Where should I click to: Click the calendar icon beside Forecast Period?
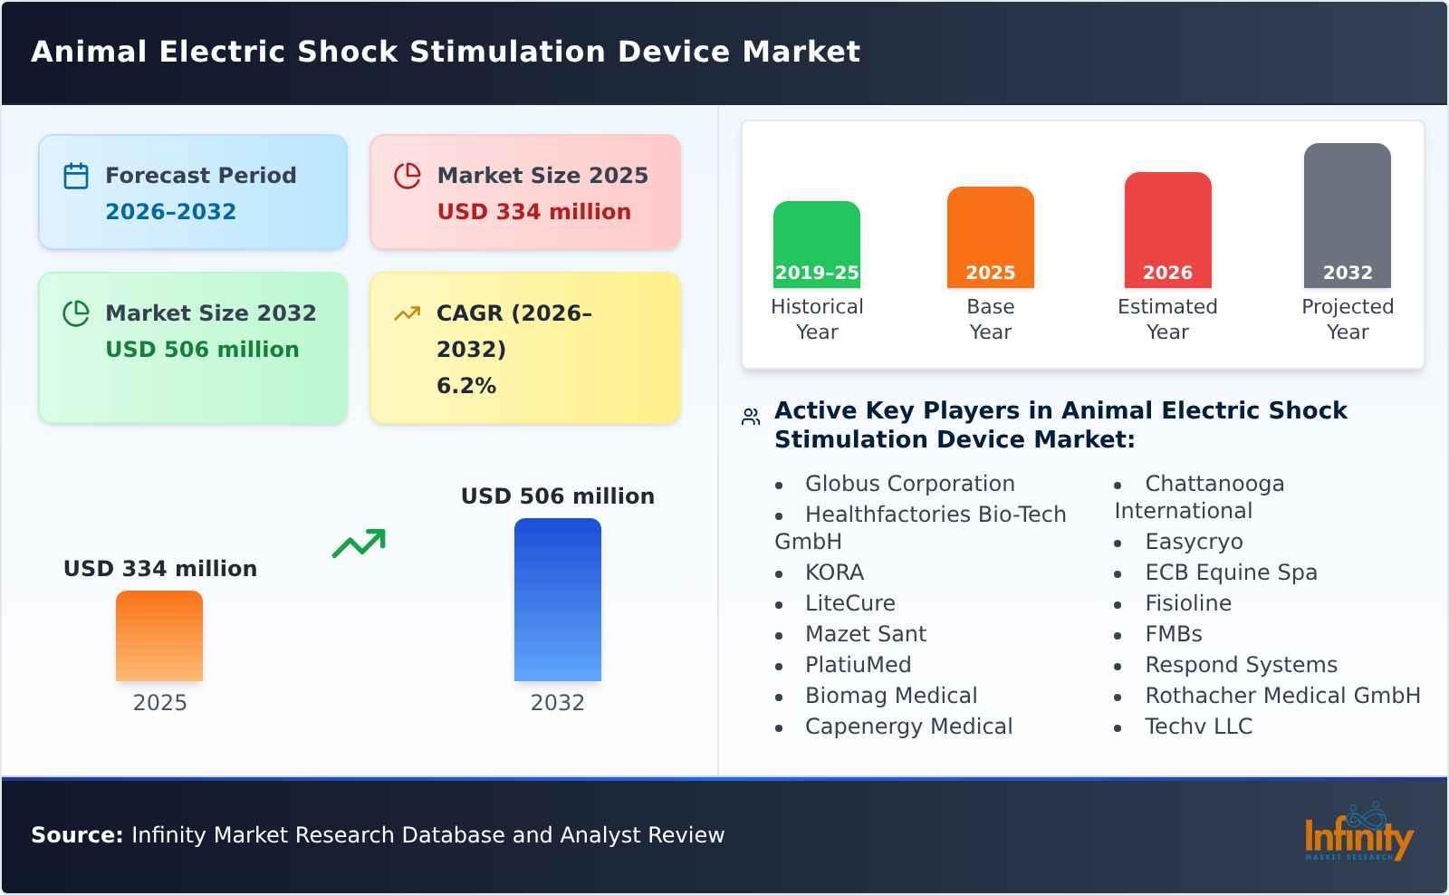pos(76,176)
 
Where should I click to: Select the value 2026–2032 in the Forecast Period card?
pos(170,212)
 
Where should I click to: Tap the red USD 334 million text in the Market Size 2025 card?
pos(533,212)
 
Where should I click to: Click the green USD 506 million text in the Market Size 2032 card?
pos(202,350)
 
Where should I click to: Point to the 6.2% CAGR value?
pos(465,386)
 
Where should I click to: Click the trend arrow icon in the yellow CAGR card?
pos(407,313)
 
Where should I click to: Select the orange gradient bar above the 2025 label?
pos(159,636)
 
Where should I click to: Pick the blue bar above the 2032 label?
pos(557,600)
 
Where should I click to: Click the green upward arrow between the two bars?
pos(359,544)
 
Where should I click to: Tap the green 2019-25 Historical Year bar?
pos(816,245)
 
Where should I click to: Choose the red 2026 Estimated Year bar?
pos(1167,230)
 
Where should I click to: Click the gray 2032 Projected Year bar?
pos(1347,216)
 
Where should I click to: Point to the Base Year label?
pos(990,319)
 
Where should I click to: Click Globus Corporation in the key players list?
pos(909,484)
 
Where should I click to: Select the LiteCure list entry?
pos(849,603)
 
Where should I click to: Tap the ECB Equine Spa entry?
pos(1230,573)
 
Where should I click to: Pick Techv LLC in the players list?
pos(1198,727)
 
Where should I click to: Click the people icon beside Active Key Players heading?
pos(751,417)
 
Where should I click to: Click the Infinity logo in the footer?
pos(1358,833)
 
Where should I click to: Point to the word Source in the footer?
pos(76,835)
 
